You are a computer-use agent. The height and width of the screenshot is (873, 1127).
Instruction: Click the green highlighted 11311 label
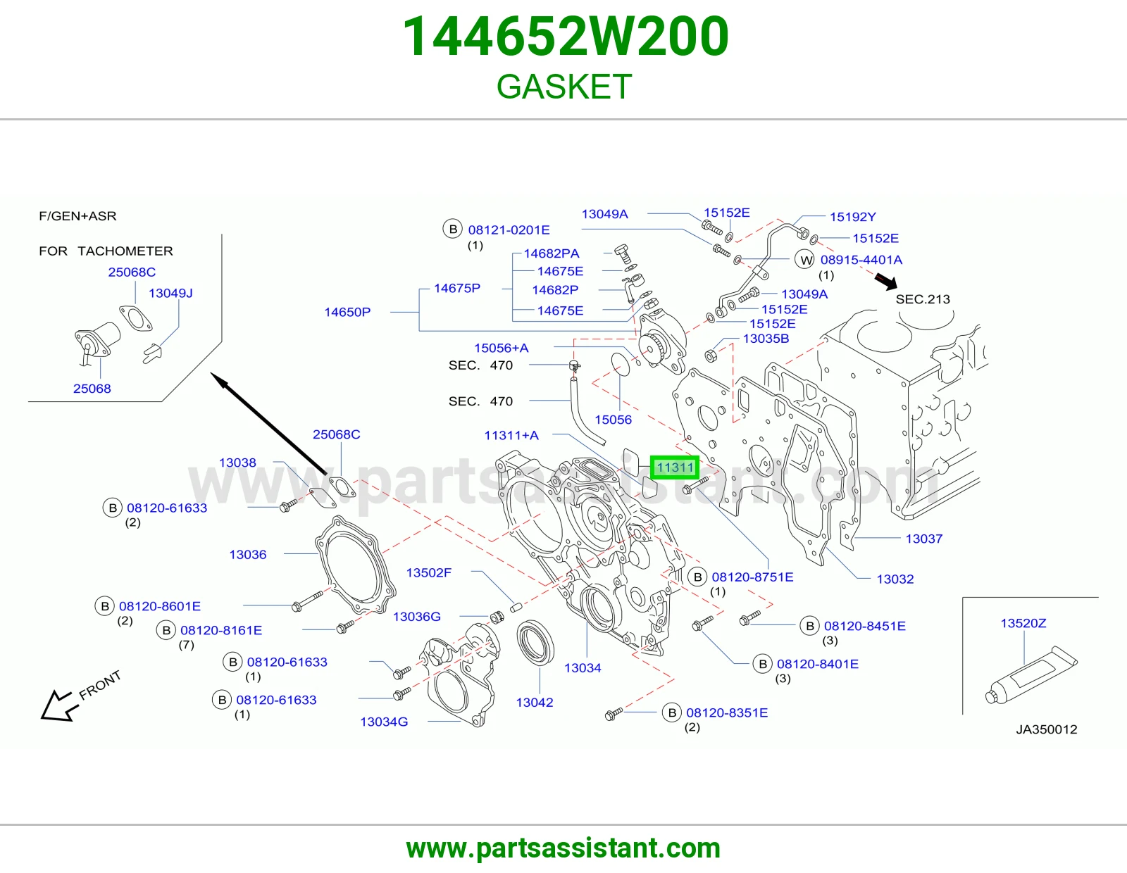[x=674, y=467]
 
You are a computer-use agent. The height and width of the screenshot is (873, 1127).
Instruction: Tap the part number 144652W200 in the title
[x=566, y=37]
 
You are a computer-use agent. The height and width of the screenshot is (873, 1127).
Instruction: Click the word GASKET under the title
[x=564, y=86]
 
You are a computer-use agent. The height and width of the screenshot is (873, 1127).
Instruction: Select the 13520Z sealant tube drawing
[x=1031, y=675]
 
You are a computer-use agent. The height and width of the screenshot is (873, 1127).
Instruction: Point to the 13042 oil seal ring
[x=536, y=643]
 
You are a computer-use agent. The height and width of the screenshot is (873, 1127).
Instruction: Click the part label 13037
[x=923, y=539]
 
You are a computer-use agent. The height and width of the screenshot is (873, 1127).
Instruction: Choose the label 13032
[x=895, y=579]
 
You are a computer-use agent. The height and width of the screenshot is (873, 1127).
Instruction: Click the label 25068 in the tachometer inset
[x=92, y=389]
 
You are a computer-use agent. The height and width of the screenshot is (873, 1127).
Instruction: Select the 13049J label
[x=170, y=294]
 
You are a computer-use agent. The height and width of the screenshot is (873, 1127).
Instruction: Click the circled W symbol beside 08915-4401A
[x=805, y=260]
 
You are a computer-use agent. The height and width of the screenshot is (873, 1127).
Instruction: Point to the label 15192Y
[x=852, y=217]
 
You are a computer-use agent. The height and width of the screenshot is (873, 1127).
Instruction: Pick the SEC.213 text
[x=923, y=299]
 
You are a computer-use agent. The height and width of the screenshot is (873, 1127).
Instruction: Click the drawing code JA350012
[x=1047, y=729]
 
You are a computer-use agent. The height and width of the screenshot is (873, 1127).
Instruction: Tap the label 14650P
[x=347, y=312]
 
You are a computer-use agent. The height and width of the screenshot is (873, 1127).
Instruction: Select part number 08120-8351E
[x=727, y=712]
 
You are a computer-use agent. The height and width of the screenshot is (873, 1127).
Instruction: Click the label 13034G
[x=384, y=722]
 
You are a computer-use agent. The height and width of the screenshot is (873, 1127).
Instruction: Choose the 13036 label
[x=248, y=555]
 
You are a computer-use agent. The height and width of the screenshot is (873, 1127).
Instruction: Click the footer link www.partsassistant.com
[x=563, y=849]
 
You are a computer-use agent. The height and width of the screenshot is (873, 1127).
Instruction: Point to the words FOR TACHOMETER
[x=106, y=251]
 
